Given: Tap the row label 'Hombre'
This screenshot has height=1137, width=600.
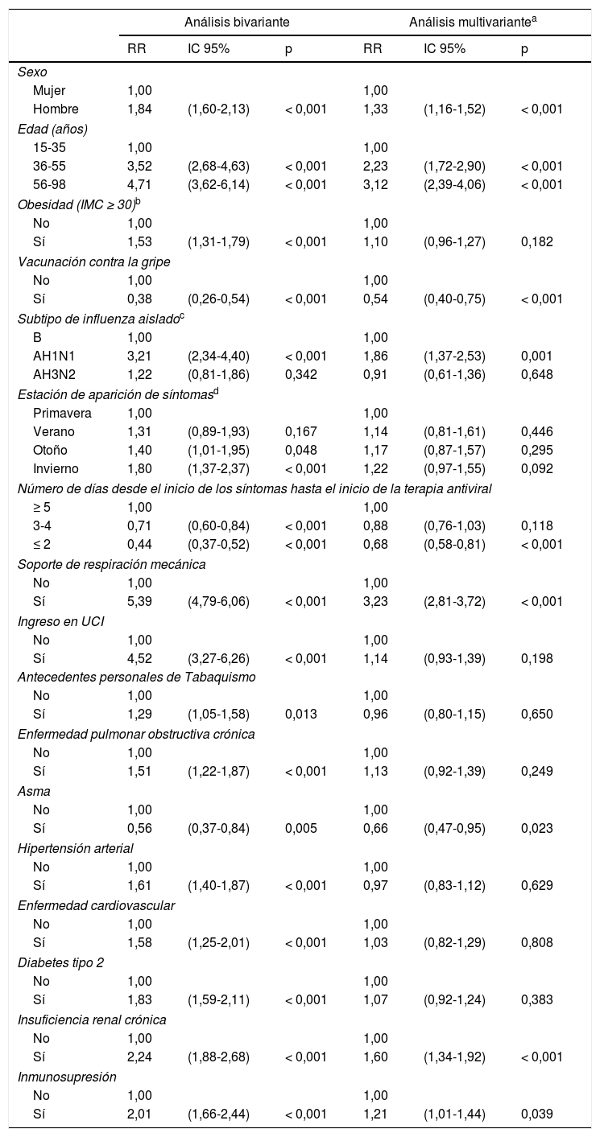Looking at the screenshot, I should coord(56,109).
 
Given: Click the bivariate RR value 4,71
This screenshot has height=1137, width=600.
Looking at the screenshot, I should coord(139,185).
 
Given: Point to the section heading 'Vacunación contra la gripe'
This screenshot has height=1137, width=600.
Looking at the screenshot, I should coord(93,262).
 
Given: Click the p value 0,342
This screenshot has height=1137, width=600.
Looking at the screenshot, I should coord(300,376).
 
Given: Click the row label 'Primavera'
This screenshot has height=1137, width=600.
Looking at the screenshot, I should coord(62,414).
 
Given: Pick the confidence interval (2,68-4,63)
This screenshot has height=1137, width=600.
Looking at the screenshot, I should coord(218,167).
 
